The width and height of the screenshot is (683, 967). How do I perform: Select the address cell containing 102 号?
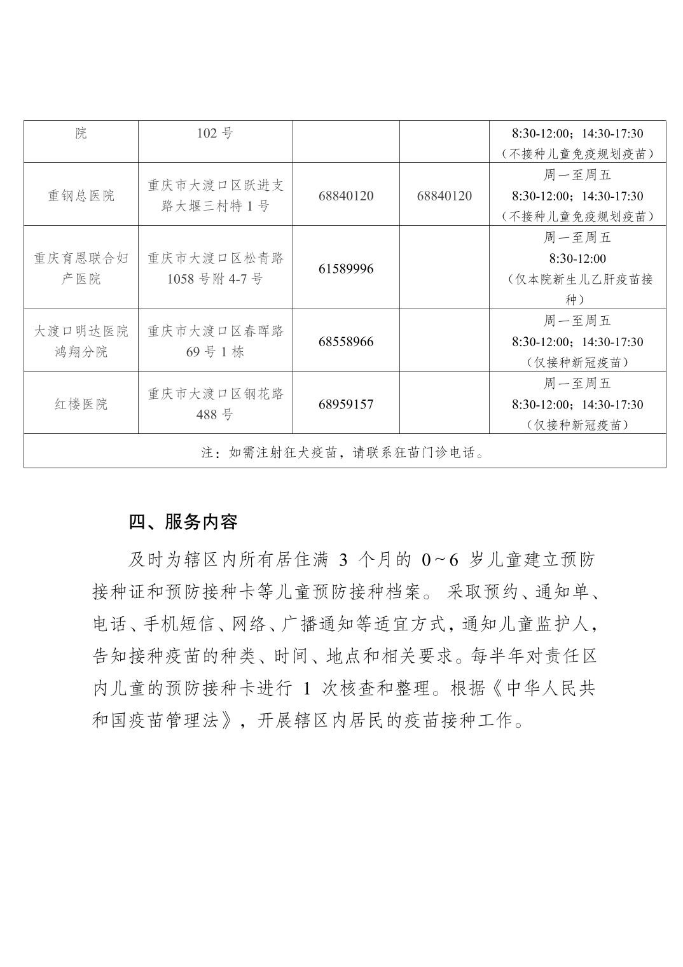(x=215, y=134)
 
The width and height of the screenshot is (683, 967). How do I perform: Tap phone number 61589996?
(x=346, y=268)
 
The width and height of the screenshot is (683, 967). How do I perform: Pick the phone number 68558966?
(x=346, y=342)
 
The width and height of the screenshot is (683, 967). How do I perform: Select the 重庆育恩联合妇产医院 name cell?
(x=81, y=268)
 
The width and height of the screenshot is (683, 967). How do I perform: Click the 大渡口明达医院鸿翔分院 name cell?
(x=81, y=342)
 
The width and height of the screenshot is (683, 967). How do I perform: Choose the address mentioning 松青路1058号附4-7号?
(x=215, y=268)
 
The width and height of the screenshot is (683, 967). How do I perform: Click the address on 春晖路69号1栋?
(x=215, y=342)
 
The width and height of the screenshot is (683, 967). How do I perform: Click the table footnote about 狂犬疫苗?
(x=343, y=453)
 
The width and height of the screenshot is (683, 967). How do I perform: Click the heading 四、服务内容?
(x=183, y=522)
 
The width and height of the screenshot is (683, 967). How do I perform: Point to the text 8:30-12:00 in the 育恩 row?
(x=577, y=259)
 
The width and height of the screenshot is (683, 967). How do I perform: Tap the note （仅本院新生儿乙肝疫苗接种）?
(x=577, y=289)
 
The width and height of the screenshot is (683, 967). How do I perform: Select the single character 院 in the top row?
(x=81, y=134)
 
